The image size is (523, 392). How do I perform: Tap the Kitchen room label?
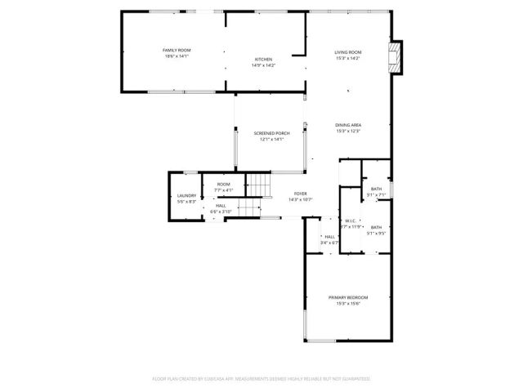pos(262,60)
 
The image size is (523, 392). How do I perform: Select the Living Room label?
pos(348,52)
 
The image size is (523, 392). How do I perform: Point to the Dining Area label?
pos(348,125)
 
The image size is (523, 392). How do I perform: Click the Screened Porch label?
pos(271,133)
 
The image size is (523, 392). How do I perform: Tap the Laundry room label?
pos(186,196)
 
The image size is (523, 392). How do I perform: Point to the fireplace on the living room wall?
pos(396,58)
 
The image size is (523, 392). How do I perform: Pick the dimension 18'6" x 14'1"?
pos(177,56)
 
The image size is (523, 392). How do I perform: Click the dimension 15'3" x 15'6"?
pos(348,303)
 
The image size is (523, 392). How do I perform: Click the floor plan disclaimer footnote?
pos(261,378)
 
